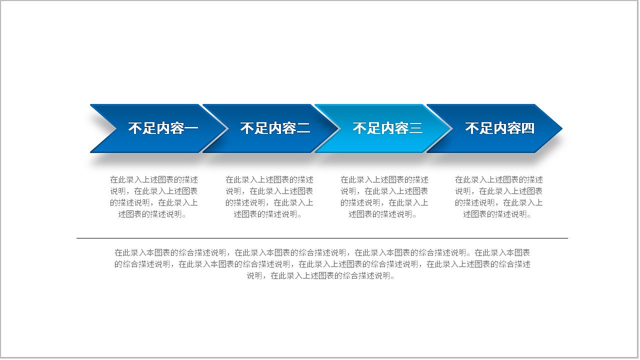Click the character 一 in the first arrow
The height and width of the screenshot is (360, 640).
click(192, 128)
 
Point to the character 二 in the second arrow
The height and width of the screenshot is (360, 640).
click(304, 128)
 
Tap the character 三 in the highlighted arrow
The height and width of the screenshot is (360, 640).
click(416, 128)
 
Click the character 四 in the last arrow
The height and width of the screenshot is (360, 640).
click(528, 128)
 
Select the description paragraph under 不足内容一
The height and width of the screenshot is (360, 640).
click(154, 197)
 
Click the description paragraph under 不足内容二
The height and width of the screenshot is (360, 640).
click(269, 197)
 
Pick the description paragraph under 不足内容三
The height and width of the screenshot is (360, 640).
click(384, 197)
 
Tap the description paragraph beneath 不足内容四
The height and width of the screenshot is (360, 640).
click(498, 197)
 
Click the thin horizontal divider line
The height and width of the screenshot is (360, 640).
click(322, 238)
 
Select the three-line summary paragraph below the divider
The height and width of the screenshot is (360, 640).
click(322, 264)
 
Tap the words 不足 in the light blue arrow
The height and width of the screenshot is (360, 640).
click(367, 128)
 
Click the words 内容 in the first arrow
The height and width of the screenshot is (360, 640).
click(170, 128)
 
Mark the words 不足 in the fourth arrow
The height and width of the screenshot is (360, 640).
click(479, 128)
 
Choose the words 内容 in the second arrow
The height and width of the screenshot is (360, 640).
click(282, 128)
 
